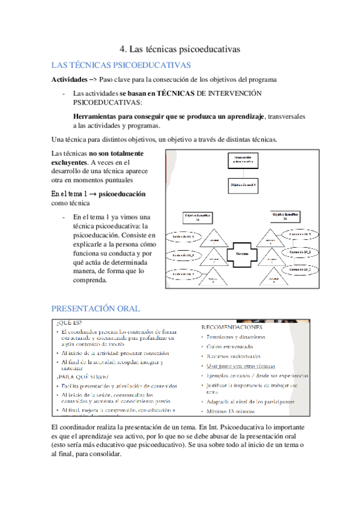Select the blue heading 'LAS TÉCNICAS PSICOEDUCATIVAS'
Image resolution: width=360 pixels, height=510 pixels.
tap(121, 65)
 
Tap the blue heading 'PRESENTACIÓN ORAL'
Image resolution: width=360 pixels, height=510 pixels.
tap(96, 309)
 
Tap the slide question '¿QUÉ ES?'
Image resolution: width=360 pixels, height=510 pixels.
tap(68, 322)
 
